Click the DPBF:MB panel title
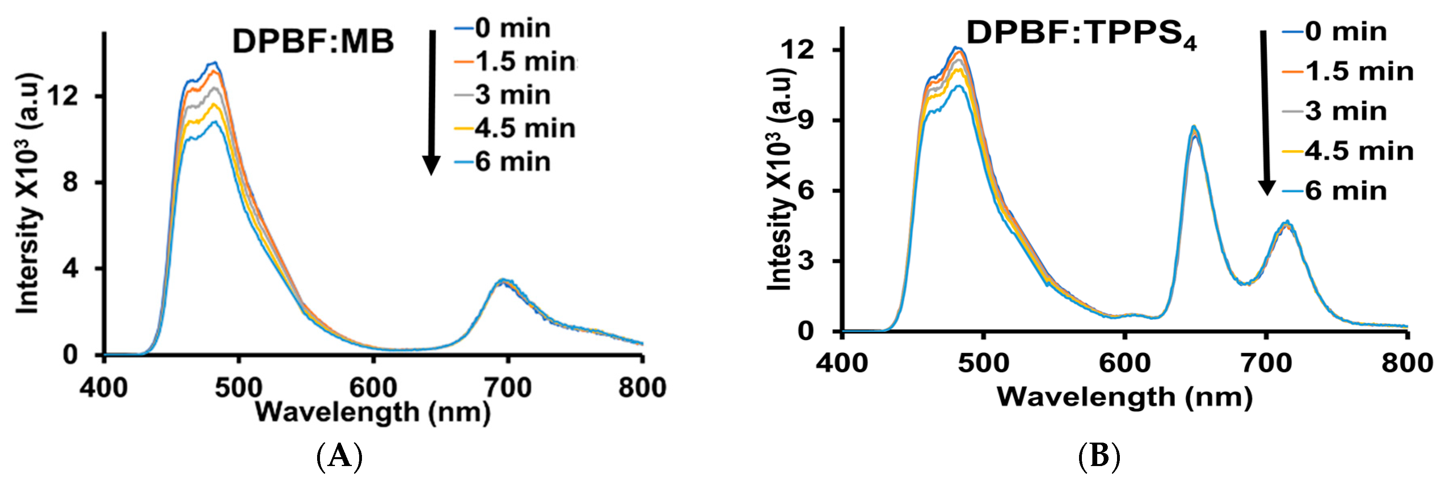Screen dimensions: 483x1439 pyautogui.click(x=313, y=41)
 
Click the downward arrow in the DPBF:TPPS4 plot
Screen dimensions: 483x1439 pyautogui.click(x=1265, y=112)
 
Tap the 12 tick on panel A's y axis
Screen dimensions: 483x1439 pyautogui.click(x=63, y=96)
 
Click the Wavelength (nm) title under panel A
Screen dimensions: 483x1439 pyautogui.click(x=372, y=412)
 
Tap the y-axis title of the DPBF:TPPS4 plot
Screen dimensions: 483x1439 pyautogui.click(x=781, y=178)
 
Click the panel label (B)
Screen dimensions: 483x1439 pyautogui.click(x=1099, y=456)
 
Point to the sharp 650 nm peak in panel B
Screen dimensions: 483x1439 pyautogui.click(x=1194, y=130)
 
